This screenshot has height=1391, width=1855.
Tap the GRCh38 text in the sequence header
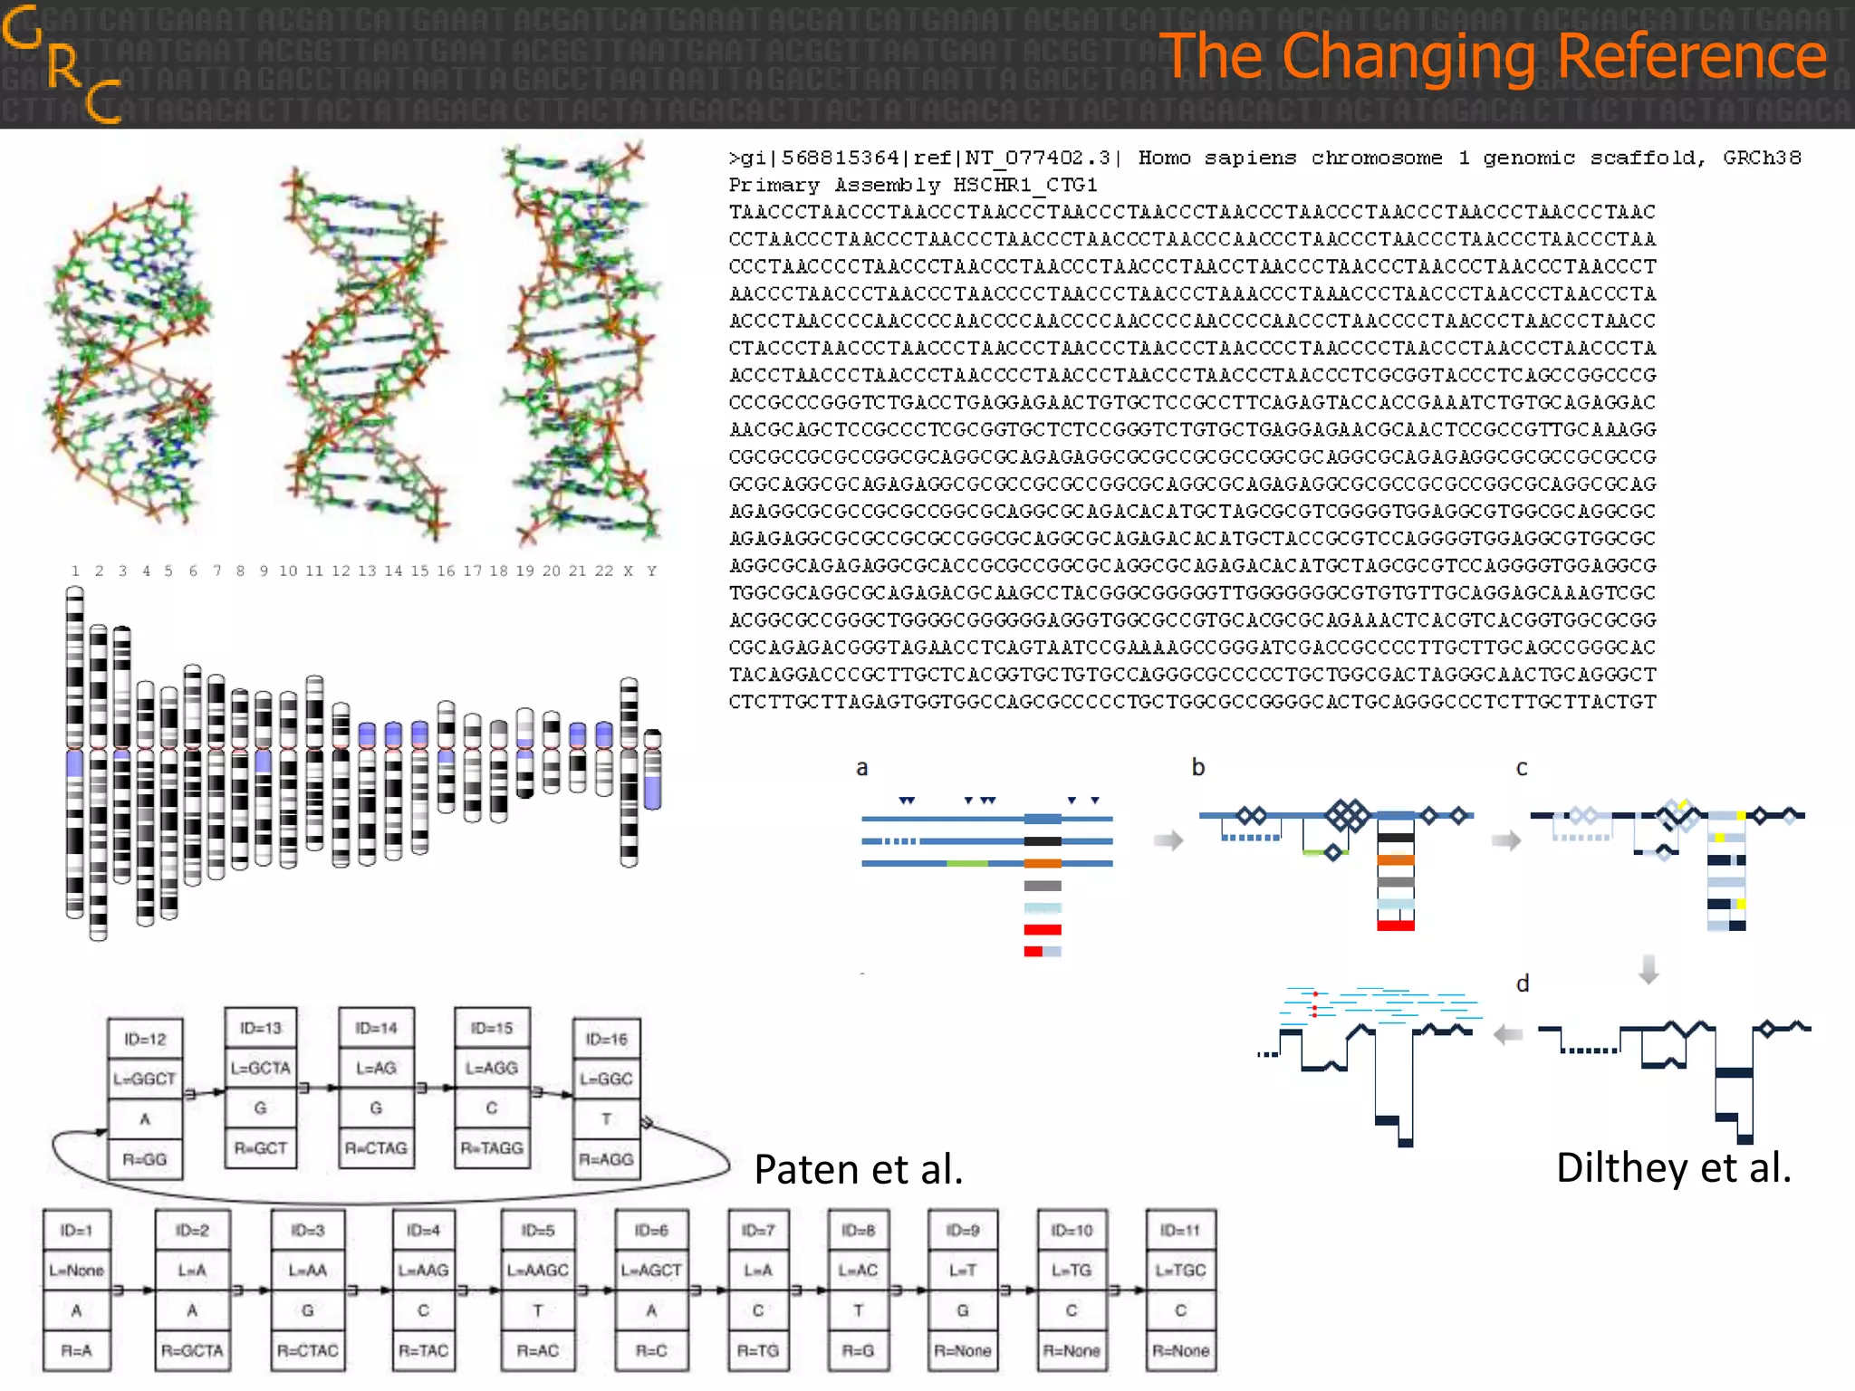point(1761,158)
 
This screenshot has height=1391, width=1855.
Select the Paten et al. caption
point(858,1169)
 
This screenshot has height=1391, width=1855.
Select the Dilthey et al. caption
point(1673,1167)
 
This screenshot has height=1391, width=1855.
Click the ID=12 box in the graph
point(145,1040)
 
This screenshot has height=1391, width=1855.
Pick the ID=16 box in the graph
point(606,1040)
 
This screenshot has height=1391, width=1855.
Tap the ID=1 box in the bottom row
point(76,1231)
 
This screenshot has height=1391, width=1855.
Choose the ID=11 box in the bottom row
point(1180,1231)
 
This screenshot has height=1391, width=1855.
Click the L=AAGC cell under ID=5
point(538,1271)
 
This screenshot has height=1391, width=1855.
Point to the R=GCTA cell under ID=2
point(192,1350)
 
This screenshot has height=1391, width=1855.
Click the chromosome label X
point(628,571)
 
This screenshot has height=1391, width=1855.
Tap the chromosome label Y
point(651,571)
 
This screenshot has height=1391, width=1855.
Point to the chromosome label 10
point(288,571)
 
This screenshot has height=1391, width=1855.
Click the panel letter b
point(1198,767)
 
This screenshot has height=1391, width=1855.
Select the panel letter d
point(1523,983)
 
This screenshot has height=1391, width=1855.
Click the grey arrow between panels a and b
point(1168,840)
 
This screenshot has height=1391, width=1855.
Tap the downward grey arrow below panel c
point(1648,969)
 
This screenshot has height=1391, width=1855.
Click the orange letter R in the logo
point(64,67)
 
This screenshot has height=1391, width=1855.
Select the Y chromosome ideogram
point(652,770)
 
